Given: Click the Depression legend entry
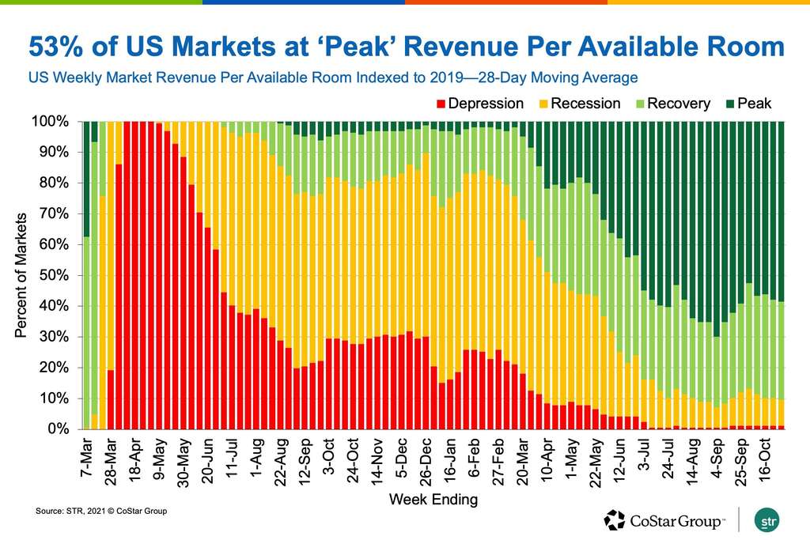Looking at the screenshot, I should click(x=486, y=104).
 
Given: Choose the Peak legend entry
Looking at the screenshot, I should click(x=751, y=104).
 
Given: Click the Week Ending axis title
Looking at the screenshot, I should click(x=433, y=500).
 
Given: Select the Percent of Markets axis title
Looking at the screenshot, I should click(x=22, y=275).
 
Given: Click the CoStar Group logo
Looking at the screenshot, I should click(x=664, y=519).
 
